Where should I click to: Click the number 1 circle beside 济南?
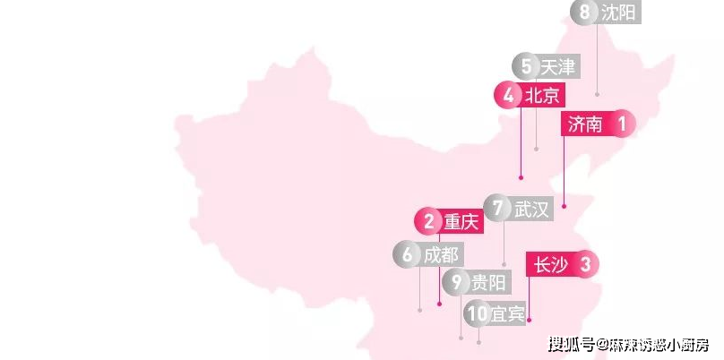622,124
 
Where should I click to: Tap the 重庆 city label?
461,222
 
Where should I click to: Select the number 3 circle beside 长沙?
585,265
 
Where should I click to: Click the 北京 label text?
542,96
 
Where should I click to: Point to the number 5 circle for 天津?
526,66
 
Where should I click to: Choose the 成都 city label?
441,254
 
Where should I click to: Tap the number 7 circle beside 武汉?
497,208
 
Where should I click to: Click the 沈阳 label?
618,13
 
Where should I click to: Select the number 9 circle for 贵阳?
456,282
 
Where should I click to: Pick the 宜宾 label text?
507,313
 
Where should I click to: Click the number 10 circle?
477,313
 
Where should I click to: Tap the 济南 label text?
585,124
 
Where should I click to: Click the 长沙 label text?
551,265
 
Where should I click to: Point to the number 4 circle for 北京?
508,96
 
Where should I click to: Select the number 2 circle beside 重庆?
429,221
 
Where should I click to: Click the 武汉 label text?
531,209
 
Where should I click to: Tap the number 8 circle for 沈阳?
584,12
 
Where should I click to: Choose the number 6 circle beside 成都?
407,254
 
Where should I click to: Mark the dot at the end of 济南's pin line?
564,206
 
